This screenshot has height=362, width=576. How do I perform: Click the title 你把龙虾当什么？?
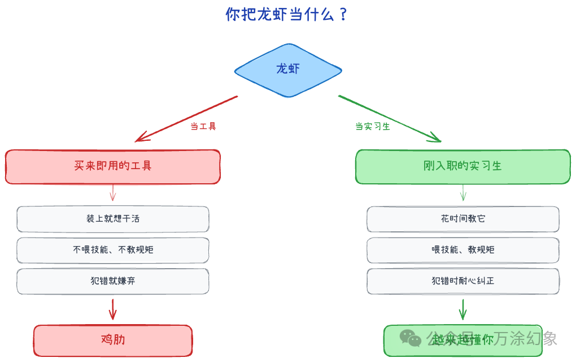click(x=287, y=14)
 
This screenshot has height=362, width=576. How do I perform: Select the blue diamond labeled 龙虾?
click(x=288, y=70)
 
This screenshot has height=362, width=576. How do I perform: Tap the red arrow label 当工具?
click(x=203, y=126)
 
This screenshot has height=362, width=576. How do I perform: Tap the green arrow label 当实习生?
click(x=373, y=126)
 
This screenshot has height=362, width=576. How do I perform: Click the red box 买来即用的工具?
click(x=113, y=166)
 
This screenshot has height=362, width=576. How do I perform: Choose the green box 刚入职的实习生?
click(x=462, y=166)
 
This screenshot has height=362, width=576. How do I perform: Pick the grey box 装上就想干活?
click(x=113, y=219)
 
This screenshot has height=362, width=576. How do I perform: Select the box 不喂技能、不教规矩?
click(x=113, y=250)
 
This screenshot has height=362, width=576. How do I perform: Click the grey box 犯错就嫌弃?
click(x=113, y=281)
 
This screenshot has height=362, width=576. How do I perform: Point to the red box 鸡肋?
click(x=113, y=340)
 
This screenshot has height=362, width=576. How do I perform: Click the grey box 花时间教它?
click(x=462, y=219)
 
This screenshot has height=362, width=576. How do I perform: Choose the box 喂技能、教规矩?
click(x=462, y=250)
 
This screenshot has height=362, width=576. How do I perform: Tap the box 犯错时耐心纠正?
click(x=462, y=281)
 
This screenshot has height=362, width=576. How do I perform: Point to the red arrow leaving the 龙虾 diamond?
click(x=186, y=118)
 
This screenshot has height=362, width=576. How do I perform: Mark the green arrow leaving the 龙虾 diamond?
click(x=390, y=118)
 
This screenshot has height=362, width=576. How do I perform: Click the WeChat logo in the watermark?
click(x=411, y=338)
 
